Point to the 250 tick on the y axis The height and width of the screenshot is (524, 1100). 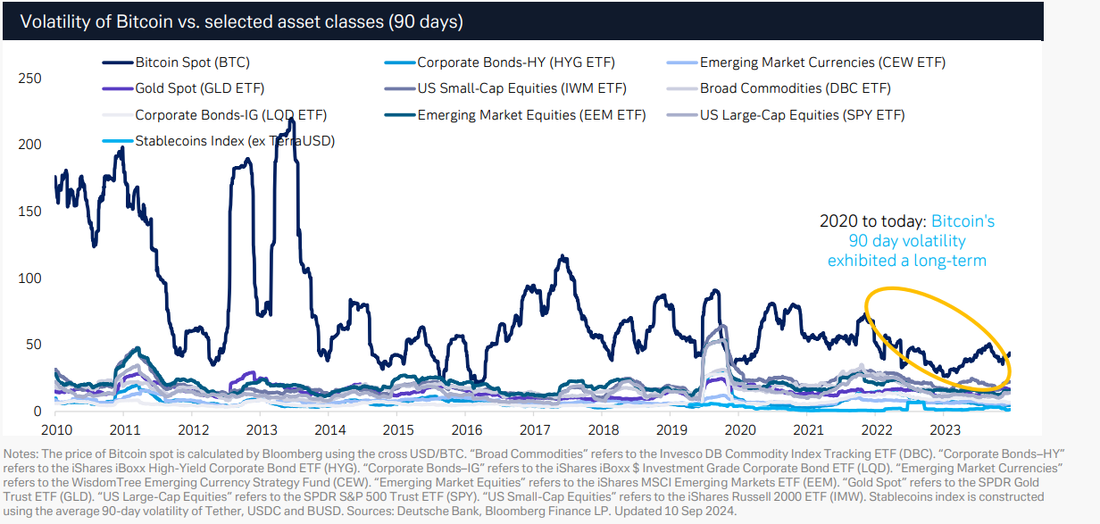click(x=29, y=79)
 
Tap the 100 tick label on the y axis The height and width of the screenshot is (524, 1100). click(x=29, y=279)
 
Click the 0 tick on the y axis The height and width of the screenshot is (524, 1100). click(x=36, y=412)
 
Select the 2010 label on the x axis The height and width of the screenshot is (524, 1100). click(x=55, y=430)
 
